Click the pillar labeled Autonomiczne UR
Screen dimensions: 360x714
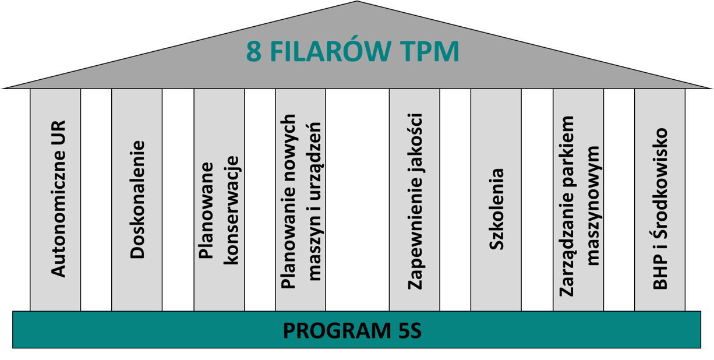click(x=55, y=199)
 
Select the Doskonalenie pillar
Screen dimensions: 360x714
click(x=137, y=199)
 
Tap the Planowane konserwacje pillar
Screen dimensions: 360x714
click(x=219, y=199)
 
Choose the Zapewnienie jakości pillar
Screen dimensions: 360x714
click(x=414, y=199)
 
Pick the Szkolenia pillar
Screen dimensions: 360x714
click(x=496, y=199)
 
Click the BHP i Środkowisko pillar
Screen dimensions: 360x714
click(x=660, y=199)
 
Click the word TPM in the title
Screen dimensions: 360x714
click(x=429, y=52)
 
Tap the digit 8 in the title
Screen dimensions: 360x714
click(x=253, y=52)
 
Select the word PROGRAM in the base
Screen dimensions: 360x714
click(x=328, y=331)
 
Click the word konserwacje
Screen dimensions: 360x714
click(x=231, y=210)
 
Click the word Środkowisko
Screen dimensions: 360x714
click(x=660, y=181)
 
